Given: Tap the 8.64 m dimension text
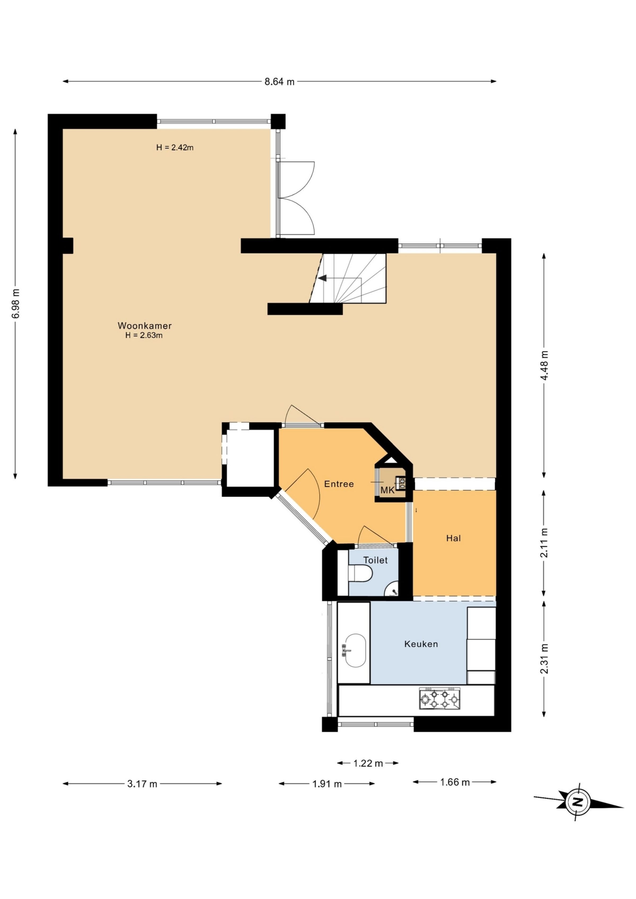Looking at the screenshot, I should (x=279, y=82).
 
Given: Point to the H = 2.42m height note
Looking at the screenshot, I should (x=175, y=148).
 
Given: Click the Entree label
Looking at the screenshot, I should (x=339, y=484).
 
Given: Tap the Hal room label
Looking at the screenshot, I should (x=453, y=538).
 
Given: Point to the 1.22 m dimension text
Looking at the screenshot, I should (x=368, y=763).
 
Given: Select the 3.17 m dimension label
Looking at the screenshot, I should (x=142, y=784).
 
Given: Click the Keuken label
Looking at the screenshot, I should (x=421, y=644).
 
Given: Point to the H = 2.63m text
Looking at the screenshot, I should (x=144, y=335).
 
